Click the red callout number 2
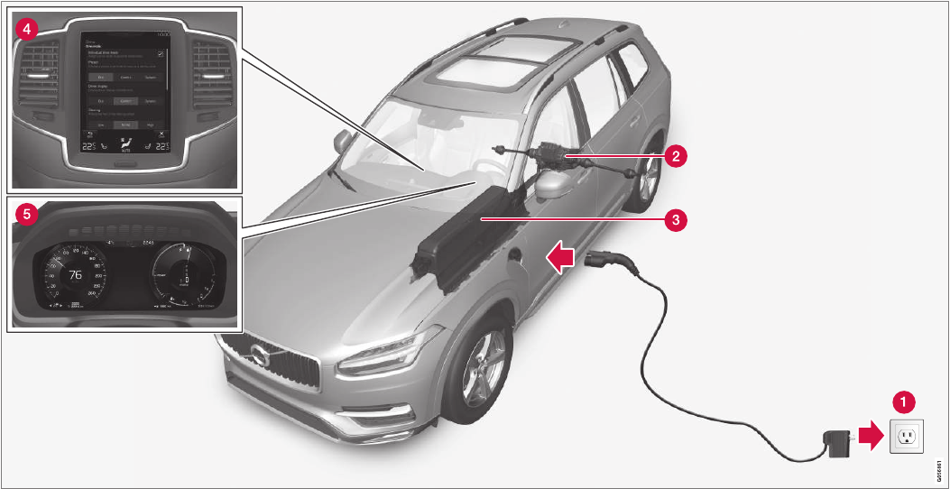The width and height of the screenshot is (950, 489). pyautogui.click(x=672, y=154)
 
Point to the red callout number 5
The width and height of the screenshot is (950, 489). pyautogui.click(x=28, y=215)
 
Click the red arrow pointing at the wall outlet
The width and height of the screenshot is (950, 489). pyautogui.click(x=869, y=438)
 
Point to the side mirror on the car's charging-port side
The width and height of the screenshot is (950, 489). pyautogui.click(x=552, y=184)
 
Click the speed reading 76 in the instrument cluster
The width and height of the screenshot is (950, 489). pyautogui.click(x=75, y=274)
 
